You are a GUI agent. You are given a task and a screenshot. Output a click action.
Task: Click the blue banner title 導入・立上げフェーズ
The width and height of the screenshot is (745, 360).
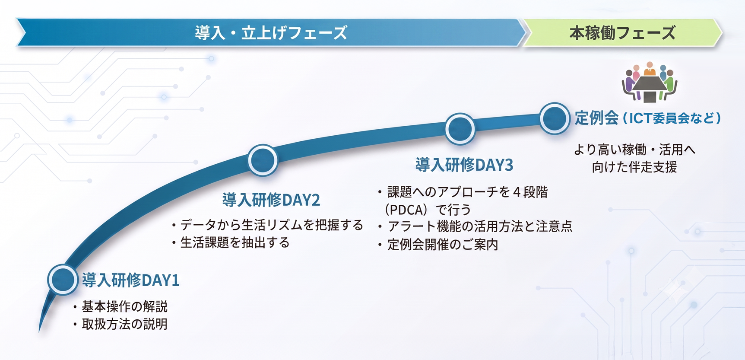[271, 33]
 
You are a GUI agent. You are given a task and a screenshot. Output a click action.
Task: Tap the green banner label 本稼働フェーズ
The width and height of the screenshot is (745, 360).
[622, 33]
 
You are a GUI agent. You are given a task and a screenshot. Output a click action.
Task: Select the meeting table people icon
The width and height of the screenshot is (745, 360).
[649, 82]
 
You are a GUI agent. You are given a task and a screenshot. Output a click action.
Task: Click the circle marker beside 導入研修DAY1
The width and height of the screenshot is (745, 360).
[63, 279]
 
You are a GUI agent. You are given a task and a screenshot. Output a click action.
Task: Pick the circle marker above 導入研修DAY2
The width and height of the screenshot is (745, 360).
[263, 160]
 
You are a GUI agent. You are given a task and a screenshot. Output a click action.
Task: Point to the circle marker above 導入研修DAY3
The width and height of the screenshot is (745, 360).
[460, 128]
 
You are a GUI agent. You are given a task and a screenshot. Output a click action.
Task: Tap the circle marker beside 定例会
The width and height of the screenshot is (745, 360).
[555, 118]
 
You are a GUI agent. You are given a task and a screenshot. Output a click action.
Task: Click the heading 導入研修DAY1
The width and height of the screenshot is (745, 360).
[130, 280]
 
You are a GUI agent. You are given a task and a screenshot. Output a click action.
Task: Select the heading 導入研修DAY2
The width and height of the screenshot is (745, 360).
[271, 200]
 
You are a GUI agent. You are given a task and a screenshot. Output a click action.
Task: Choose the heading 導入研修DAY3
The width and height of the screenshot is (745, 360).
[464, 165]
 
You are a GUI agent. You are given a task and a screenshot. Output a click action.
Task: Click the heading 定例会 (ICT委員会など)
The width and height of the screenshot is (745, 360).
[648, 118]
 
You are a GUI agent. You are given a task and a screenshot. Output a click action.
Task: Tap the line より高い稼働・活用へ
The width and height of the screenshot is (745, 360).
[634, 150]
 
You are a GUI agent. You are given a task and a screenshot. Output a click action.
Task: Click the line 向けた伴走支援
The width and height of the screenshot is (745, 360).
[634, 167]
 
